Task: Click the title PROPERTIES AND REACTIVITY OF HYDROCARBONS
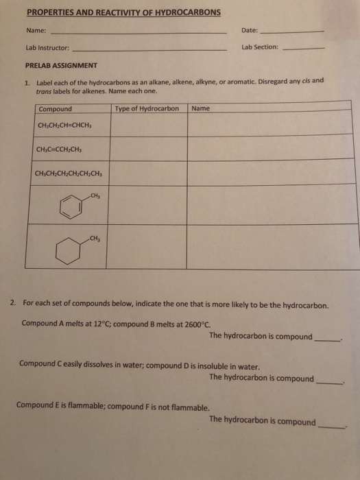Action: pos(123,12)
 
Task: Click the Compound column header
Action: pos(56,108)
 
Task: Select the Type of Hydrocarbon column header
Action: pos(147,108)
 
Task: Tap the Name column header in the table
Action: pos(202,108)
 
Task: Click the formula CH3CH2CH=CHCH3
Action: pos(64,126)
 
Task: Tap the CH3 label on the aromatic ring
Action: pos(94,196)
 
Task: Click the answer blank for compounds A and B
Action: pos(326,339)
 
